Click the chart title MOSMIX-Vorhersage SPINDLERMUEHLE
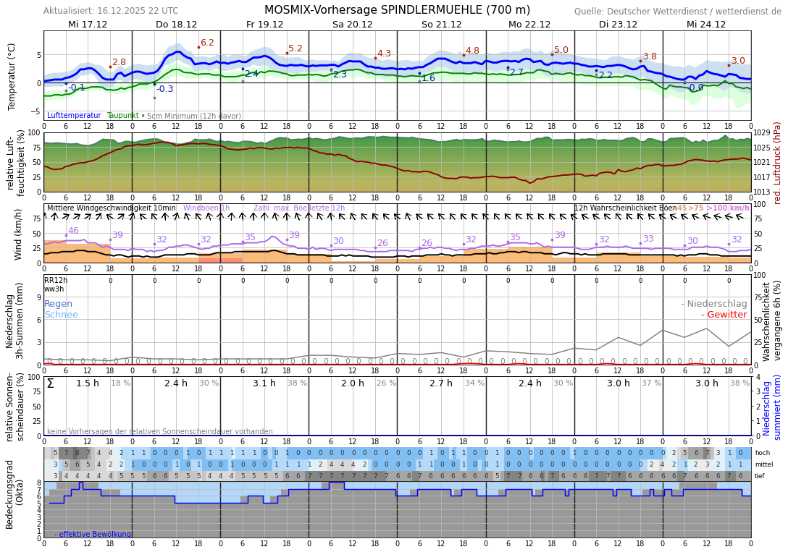click(x=397, y=10)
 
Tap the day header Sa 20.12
click(x=353, y=25)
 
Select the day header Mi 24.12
click(x=706, y=25)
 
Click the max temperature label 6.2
click(x=207, y=43)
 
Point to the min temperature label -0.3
click(x=165, y=89)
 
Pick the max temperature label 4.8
click(x=472, y=51)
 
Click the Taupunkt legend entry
click(x=122, y=116)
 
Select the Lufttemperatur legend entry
click(x=74, y=116)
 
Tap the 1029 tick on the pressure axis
click(x=762, y=133)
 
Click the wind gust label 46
click(x=73, y=231)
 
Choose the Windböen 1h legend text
click(x=206, y=208)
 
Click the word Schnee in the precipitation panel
click(x=61, y=315)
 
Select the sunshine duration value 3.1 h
click(x=264, y=383)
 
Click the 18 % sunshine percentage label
click(x=120, y=383)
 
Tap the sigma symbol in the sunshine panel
click(x=50, y=383)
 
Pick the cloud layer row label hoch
click(x=763, y=453)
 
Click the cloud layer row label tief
click(x=760, y=476)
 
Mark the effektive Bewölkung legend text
click(x=93, y=535)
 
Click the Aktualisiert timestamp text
click(x=111, y=11)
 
